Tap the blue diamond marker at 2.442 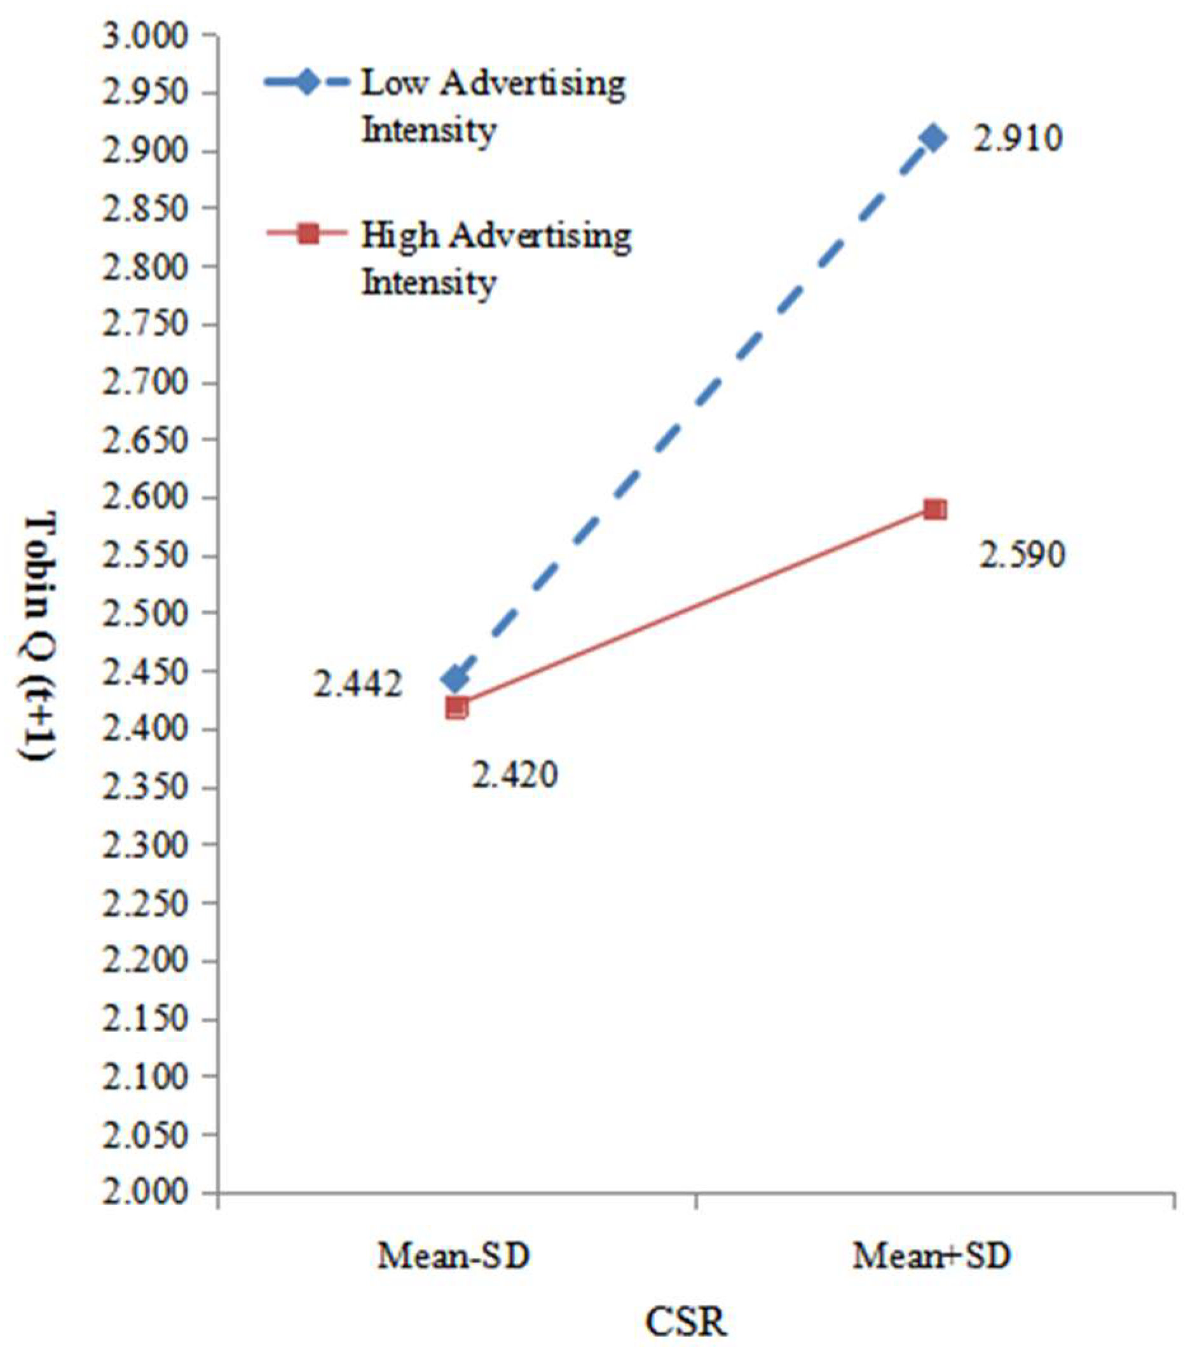click(x=456, y=679)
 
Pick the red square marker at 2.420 click(x=457, y=708)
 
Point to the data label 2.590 click(x=1022, y=556)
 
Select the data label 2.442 click(x=357, y=684)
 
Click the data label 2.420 click(x=514, y=774)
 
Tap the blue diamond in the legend click(x=306, y=84)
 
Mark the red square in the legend click(x=308, y=234)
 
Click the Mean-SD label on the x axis click(x=454, y=1256)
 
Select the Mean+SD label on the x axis click(x=931, y=1256)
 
